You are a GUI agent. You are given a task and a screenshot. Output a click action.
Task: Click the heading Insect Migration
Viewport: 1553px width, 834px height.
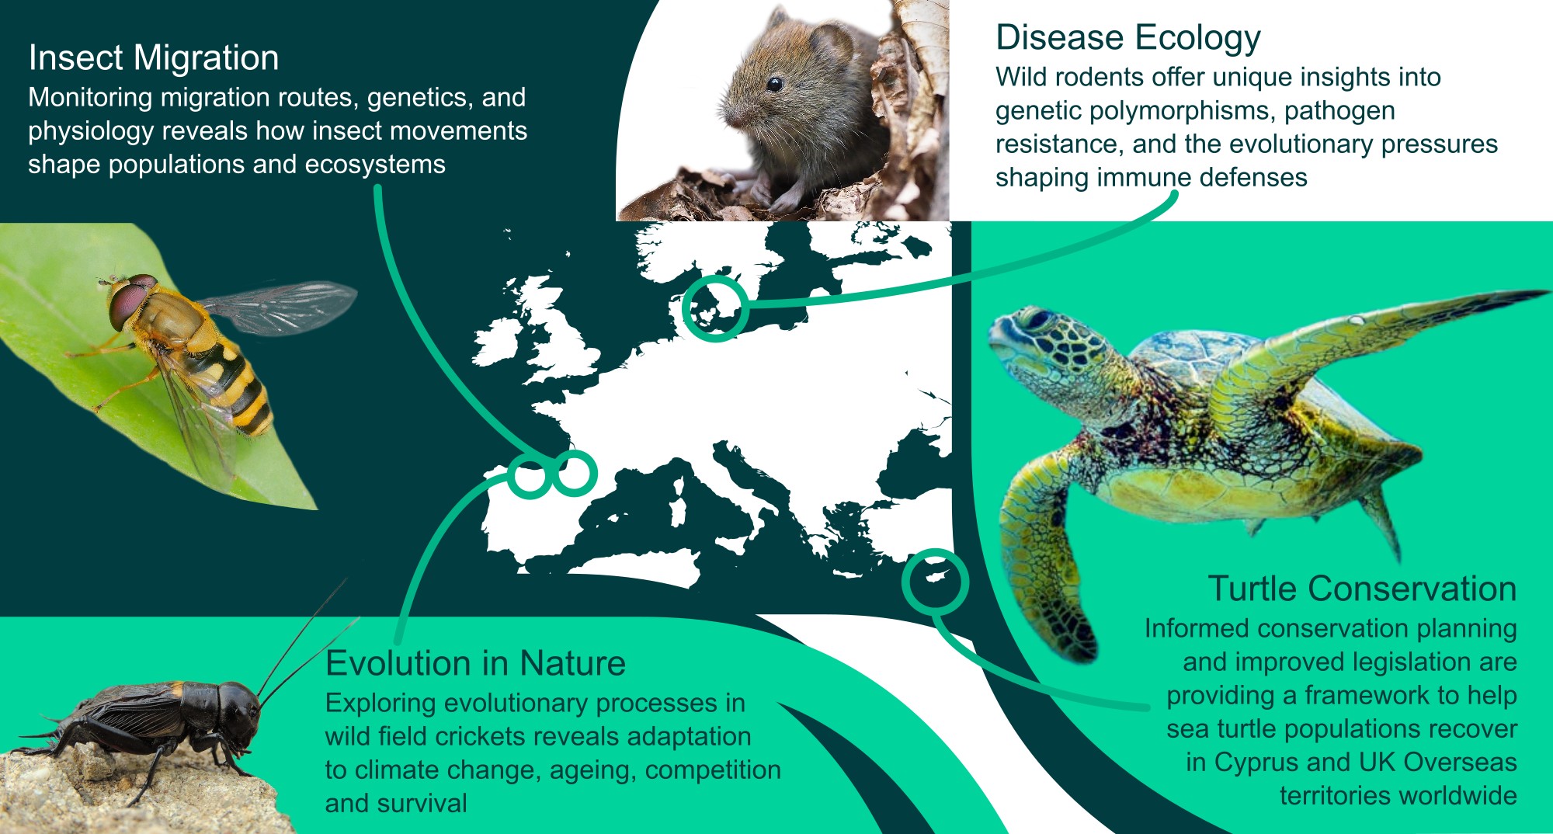(154, 57)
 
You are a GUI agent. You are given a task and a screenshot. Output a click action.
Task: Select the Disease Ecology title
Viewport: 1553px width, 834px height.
(1128, 38)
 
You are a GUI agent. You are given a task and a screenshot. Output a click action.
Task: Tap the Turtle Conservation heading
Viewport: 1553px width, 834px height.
(1362, 589)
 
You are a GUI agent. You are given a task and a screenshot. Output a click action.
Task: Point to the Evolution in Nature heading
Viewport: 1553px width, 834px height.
(475, 663)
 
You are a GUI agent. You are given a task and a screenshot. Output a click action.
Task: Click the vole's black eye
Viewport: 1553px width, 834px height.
(774, 84)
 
